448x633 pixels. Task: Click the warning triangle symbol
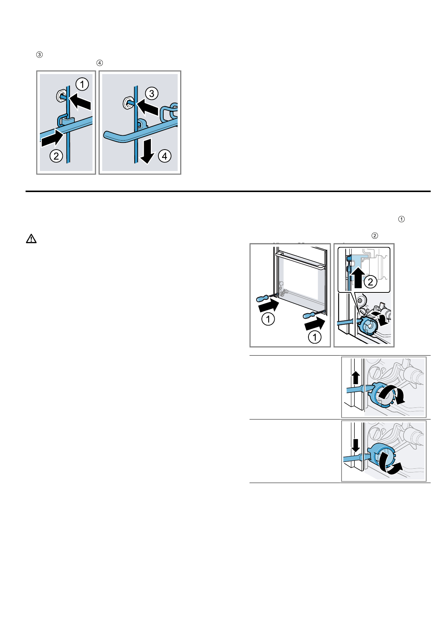pos(31,239)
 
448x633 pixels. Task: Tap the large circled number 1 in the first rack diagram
pos(82,84)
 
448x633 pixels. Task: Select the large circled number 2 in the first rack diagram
pos(56,156)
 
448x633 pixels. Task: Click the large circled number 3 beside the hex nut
pos(152,93)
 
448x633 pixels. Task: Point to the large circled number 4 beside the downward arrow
pos(165,156)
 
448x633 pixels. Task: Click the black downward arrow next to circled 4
pos(148,151)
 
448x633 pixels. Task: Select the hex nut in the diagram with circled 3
pos(128,102)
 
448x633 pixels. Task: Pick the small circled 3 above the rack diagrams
pos(39,55)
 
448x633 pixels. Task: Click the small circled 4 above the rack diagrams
pos(99,63)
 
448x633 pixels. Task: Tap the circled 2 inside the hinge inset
pos(371,282)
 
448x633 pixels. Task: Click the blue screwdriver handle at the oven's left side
pos(262,298)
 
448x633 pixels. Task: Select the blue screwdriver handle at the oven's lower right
pos(309,315)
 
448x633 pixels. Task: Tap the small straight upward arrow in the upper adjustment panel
pos(355,377)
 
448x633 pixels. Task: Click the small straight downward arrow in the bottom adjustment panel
pos(355,445)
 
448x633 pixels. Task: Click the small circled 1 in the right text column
pos(402,219)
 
